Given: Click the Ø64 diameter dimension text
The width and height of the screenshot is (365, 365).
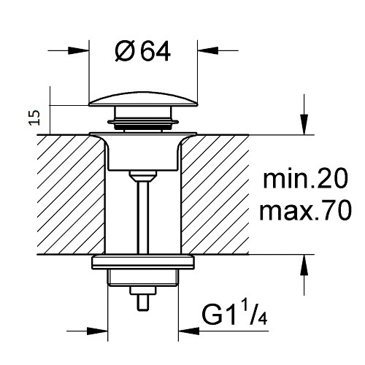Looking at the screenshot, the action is click(142, 52).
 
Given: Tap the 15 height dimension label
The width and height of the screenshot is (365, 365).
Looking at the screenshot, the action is click(34, 118).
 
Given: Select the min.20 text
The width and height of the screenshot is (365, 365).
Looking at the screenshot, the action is click(306, 179).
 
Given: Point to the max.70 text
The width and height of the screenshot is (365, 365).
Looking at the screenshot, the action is click(306, 211).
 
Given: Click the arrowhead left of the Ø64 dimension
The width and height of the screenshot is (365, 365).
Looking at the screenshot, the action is click(78, 50).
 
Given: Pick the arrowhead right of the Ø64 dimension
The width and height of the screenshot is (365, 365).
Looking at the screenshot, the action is click(207, 50).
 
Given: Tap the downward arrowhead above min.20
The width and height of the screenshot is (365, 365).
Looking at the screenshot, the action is click(304, 124).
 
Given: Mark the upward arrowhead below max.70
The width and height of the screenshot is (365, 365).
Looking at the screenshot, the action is click(304, 265).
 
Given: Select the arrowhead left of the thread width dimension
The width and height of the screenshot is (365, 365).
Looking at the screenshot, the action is click(97, 331).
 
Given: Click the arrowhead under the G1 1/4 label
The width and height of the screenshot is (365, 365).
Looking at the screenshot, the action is click(189, 331).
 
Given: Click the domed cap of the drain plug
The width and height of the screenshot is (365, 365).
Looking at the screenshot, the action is click(143, 100).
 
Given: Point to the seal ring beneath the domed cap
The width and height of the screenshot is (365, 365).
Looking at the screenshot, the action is click(143, 122).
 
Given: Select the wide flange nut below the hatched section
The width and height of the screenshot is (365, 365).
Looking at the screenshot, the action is click(143, 262).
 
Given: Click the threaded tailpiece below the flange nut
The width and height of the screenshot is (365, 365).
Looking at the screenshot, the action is click(143, 278).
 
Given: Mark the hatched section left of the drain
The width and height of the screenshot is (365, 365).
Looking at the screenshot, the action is click(71, 195).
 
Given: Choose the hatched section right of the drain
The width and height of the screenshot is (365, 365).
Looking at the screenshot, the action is click(215, 195).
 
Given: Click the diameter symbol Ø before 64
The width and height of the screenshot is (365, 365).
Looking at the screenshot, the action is click(124, 52).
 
